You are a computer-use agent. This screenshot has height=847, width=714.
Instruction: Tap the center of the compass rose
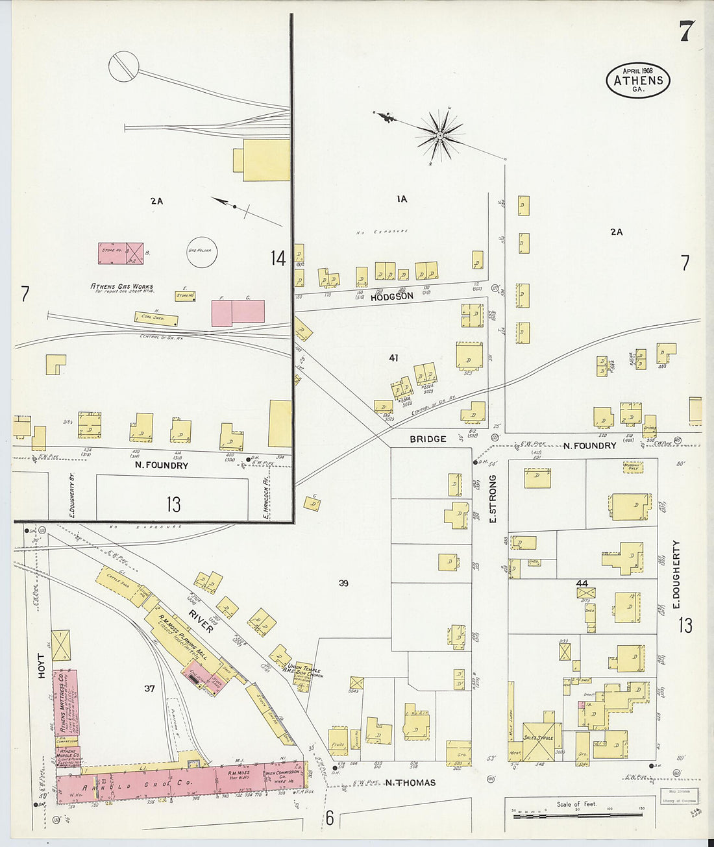(x=440, y=135)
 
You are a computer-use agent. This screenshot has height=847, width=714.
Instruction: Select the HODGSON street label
(x=391, y=297)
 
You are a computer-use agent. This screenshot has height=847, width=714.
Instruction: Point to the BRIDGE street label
(x=428, y=439)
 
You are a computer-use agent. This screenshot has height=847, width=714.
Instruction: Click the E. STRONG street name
(x=492, y=499)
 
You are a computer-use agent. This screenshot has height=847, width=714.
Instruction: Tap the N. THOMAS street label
(x=410, y=783)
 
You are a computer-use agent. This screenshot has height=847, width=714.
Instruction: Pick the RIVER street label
(x=201, y=620)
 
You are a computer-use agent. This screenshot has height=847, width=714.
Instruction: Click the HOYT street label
(x=42, y=666)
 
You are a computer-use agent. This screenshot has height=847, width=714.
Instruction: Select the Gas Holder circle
(x=202, y=252)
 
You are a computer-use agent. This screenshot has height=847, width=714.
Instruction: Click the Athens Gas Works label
(x=121, y=287)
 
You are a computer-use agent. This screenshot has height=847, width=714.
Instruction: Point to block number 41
(x=393, y=358)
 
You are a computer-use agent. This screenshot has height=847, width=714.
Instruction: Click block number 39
(x=343, y=583)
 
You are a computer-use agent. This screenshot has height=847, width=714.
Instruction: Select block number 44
(x=582, y=583)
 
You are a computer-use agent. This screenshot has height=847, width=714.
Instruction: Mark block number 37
(x=149, y=688)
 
